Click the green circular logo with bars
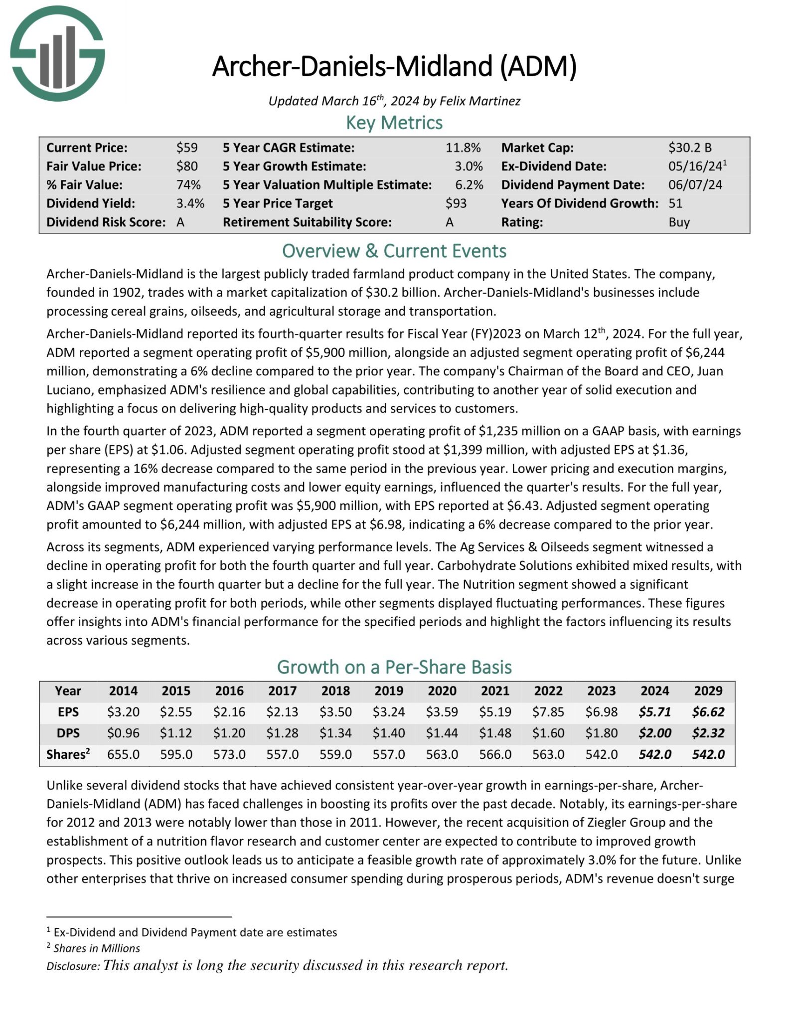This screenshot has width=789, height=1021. click(57, 53)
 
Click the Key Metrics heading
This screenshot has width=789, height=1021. click(394, 123)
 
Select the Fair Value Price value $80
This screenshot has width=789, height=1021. click(187, 166)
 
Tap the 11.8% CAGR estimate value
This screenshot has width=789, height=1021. click(463, 148)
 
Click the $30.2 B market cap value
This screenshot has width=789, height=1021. click(690, 148)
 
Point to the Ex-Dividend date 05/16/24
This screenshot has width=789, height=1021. click(695, 166)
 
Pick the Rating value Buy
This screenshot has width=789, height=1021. click(679, 222)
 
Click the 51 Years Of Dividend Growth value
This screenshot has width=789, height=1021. click(675, 203)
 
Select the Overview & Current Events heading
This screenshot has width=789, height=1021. click(394, 251)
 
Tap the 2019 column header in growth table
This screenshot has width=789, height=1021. click(388, 690)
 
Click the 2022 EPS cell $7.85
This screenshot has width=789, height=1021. click(548, 712)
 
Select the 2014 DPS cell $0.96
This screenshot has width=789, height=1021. click(123, 733)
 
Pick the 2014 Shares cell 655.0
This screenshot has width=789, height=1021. click(123, 754)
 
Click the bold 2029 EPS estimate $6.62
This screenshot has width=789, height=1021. click(708, 712)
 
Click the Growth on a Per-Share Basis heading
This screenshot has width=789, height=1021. click(394, 667)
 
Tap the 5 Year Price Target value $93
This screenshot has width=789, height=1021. click(456, 203)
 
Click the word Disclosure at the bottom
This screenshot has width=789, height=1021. click(73, 966)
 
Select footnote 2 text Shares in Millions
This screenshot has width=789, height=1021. click(97, 948)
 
